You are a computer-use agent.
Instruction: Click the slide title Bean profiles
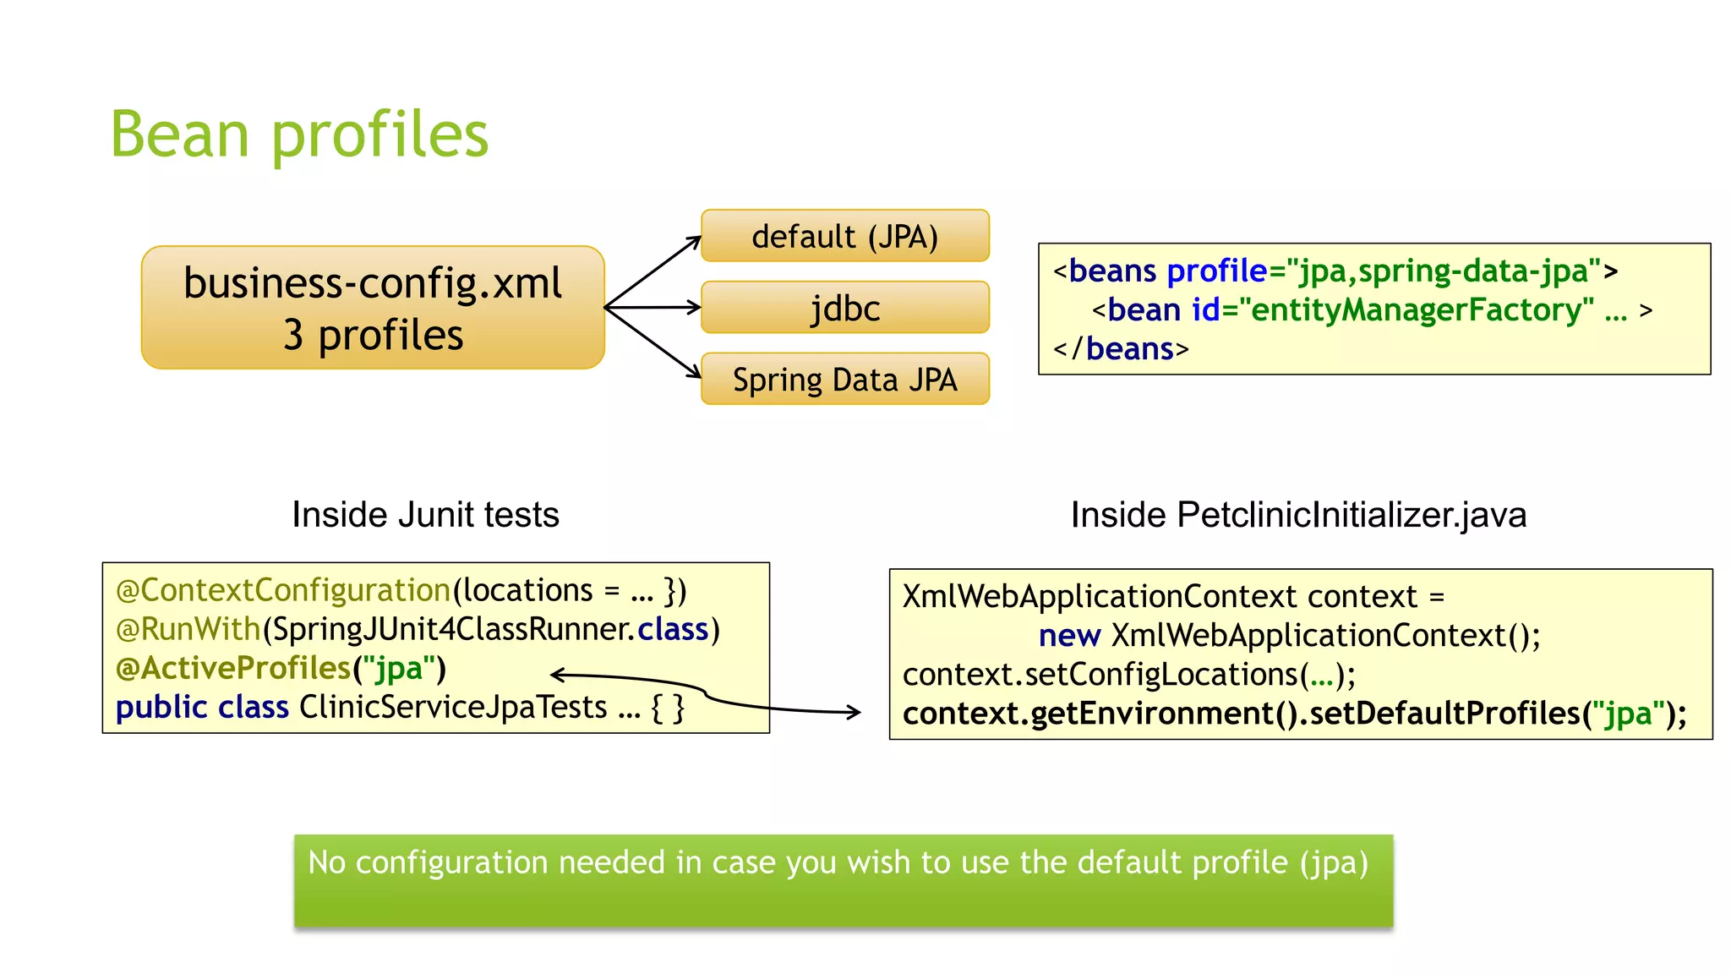click(299, 135)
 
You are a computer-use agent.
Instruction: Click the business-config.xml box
click(373, 308)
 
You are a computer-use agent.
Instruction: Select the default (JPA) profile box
click(844, 237)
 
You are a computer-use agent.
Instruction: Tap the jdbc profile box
click(844, 308)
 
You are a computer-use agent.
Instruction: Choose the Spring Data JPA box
click(844, 380)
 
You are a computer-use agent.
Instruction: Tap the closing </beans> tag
click(1121, 349)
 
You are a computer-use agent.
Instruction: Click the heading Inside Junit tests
click(425, 515)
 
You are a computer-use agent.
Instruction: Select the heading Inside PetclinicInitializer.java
click(1298, 515)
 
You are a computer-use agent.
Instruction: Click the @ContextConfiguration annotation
click(283, 590)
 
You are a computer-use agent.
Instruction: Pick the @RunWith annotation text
click(188, 630)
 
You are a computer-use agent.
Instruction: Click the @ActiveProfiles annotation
click(233, 669)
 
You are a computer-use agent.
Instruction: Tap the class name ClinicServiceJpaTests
click(453, 708)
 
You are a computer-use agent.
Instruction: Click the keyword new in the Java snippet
click(1068, 636)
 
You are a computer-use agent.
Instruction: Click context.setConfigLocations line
click(1128, 675)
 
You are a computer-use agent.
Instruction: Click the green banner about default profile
click(843, 880)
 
